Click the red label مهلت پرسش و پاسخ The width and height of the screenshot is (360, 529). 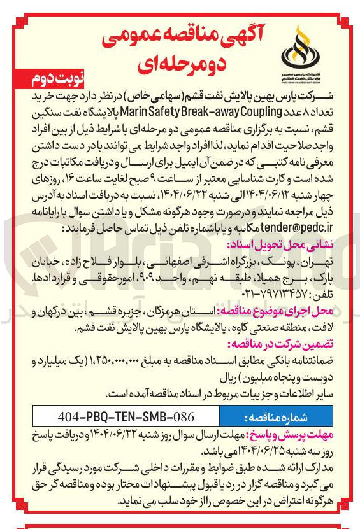click(x=298, y=435)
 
